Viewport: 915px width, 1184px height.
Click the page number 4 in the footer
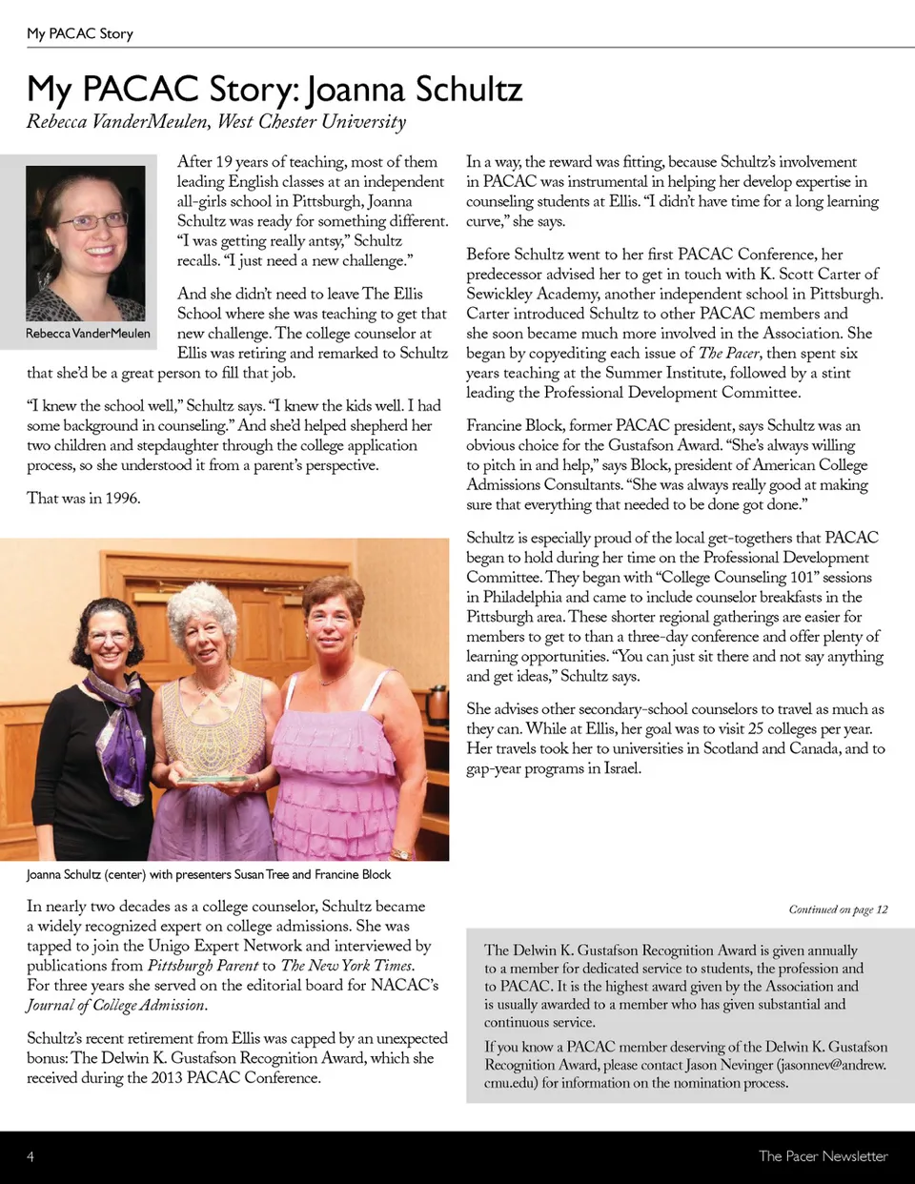pos(30,1156)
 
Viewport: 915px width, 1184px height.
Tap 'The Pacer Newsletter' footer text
pos(823,1156)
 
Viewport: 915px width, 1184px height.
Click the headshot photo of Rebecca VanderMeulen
pos(86,243)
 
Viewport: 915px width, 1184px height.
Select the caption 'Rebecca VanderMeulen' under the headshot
pos(88,333)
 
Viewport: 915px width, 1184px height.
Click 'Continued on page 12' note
pos(838,909)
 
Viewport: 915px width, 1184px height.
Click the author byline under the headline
pos(216,121)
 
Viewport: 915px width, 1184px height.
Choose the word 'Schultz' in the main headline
pos(468,89)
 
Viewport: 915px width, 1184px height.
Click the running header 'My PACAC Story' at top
pos(80,33)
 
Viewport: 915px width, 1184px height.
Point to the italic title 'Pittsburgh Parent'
pos(202,965)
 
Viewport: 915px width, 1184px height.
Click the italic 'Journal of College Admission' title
pos(115,1005)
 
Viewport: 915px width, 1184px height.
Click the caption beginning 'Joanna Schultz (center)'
pos(209,874)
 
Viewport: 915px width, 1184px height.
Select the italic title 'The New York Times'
pos(346,965)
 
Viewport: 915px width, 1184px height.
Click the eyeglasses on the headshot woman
pos(91,220)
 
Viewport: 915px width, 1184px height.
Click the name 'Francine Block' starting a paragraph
pos(515,425)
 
